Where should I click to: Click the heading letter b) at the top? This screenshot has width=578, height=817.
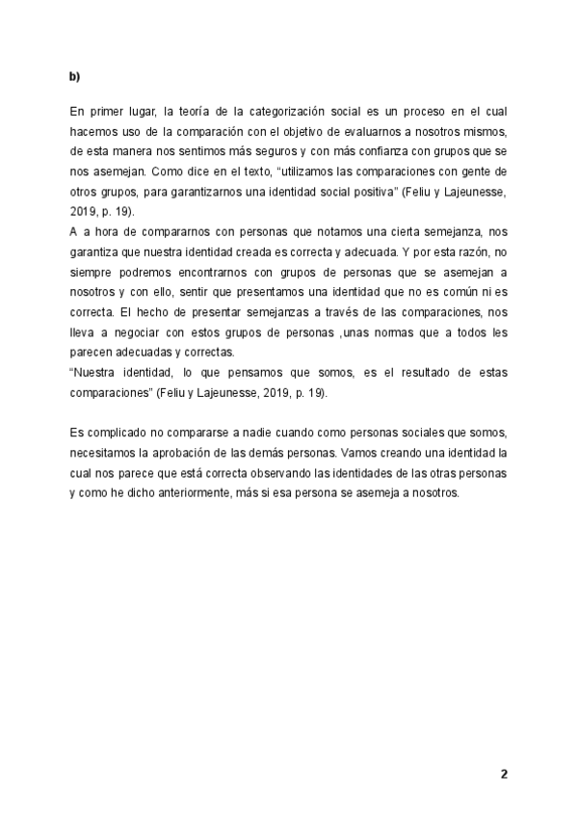(74, 75)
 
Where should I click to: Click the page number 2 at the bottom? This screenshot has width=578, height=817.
(503, 774)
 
